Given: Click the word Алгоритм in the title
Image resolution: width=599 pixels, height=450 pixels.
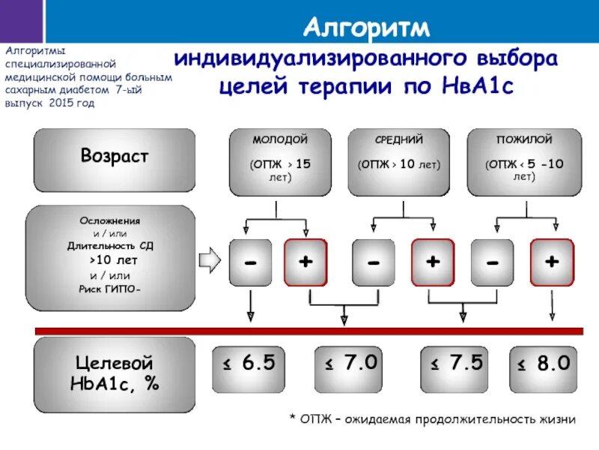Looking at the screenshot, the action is tap(368, 27).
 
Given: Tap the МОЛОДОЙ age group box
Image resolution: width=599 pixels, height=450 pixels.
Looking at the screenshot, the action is tap(280, 160).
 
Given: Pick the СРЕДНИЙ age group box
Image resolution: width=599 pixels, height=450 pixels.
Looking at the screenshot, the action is tap(399, 160).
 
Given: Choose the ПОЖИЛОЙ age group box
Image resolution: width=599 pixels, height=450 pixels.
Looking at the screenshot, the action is tap(524, 160).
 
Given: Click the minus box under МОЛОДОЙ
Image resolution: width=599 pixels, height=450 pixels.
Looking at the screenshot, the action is tap(251, 262).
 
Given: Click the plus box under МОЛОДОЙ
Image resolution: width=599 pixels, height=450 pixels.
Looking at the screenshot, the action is tap(305, 262).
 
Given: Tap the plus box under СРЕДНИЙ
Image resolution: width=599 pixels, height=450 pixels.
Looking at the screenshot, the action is tap(433, 262).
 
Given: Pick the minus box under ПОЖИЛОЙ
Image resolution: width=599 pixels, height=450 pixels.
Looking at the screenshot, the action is tap(492, 262).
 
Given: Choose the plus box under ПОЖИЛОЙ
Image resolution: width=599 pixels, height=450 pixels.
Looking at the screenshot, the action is tap(552, 262).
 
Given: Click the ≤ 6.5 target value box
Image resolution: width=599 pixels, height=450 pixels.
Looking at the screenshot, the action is tap(249, 364).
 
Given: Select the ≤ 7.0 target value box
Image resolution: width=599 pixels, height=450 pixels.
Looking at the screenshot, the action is tap(350, 364).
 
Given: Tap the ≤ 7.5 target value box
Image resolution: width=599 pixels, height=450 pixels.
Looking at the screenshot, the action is tap(455, 364).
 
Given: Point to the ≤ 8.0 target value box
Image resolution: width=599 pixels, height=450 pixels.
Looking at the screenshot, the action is tap(544, 364).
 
